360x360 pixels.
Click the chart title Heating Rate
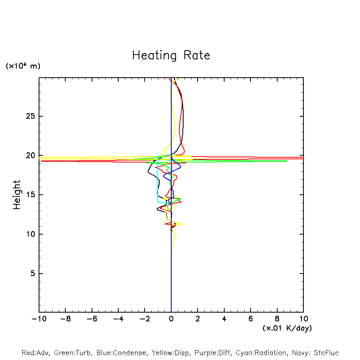(x=171, y=55)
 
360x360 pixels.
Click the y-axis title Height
(x=17, y=195)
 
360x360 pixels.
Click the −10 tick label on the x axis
(x=39, y=319)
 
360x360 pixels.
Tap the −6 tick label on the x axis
(x=92, y=319)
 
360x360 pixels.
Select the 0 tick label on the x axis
(x=171, y=319)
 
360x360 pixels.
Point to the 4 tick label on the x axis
(x=224, y=319)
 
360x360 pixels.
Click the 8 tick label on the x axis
(x=277, y=319)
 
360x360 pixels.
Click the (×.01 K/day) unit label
(x=287, y=328)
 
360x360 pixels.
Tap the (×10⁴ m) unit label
(x=23, y=66)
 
